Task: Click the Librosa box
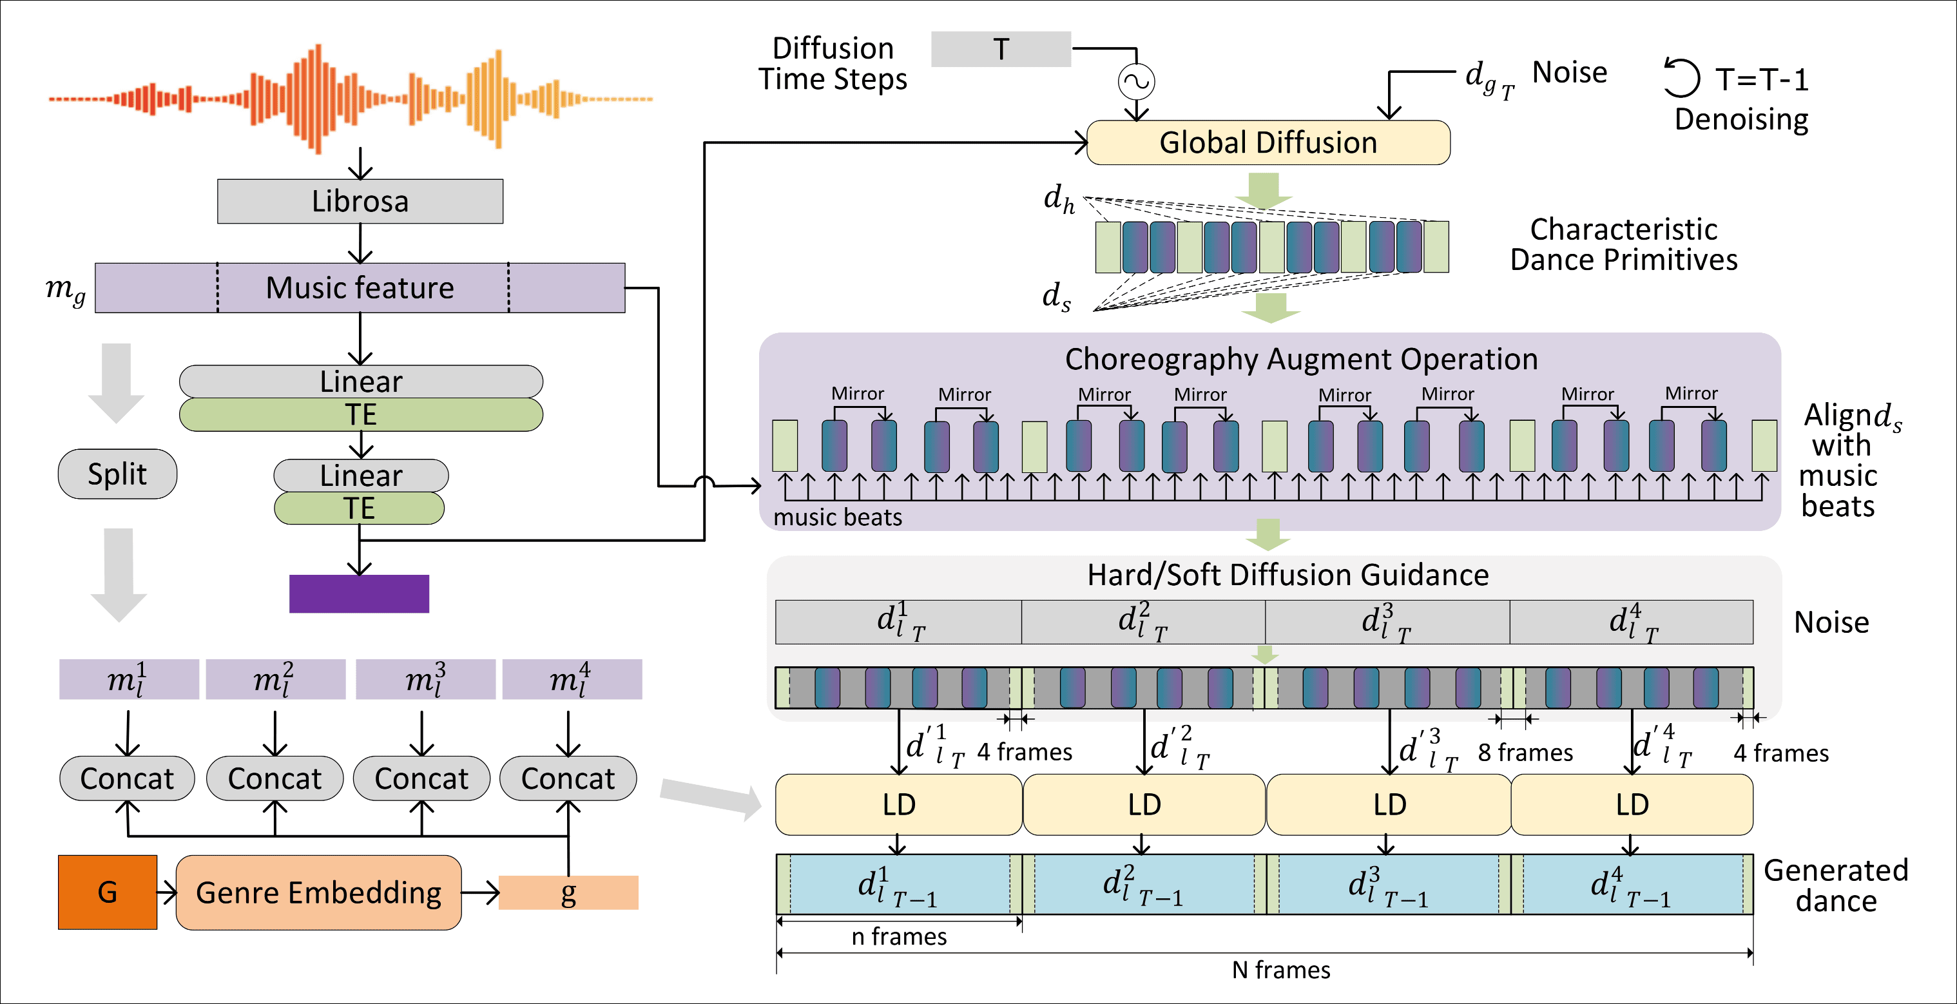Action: (360, 201)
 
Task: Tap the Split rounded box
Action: (117, 474)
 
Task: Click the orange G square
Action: (107, 893)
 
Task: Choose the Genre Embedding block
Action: (318, 893)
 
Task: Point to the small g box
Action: (568, 893)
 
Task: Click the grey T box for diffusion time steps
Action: (1001, 50)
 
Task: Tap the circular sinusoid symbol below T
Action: (1137, 82)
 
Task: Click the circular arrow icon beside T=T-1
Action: (1681, 78)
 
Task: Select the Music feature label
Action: (360, 288)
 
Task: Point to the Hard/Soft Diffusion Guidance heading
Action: (1287, 575)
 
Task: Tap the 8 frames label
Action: (1525, 753)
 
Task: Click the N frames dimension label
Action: (1281, 970)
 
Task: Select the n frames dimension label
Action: (899, 936)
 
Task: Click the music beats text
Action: (837, 517)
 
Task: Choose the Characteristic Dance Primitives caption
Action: (1623, 244)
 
